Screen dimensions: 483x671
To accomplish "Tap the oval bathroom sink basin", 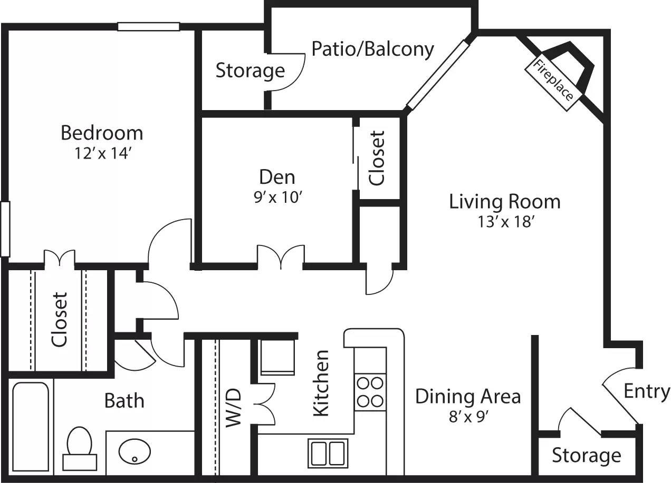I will click(x=135, y=451).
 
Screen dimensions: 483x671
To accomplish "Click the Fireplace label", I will click(x=553, y=81).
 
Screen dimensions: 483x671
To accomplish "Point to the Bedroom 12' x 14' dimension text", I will click(x=102, y=153).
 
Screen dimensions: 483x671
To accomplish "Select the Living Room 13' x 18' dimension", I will click(x=505, y=222).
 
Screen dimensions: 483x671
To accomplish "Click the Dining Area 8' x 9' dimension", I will click(x=467, y=417).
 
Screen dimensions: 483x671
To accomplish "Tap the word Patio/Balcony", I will click(x=372, y=49).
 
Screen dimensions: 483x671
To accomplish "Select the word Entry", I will click(x=647, y=391).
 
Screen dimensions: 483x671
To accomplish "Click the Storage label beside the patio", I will click(x=250, y=70).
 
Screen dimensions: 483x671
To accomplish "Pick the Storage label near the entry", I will click(x=587, y=455).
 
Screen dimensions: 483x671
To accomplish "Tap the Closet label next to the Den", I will click(x=377, y=158).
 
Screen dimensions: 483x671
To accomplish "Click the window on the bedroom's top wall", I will click(x=148, y=27).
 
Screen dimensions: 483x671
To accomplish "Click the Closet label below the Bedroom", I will click(x=60, y=320).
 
